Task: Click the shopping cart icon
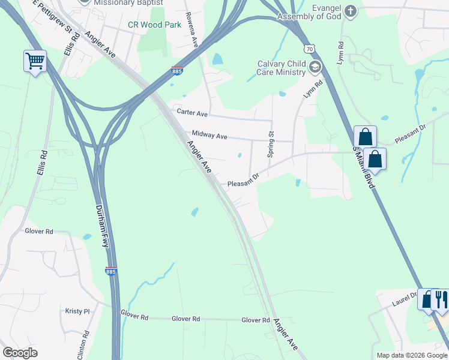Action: click(x=35, y=61)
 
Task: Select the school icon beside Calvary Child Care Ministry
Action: click(x=315, y=67)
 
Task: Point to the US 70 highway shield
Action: click(x=309, y=48)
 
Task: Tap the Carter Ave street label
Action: click(x=191, y=113)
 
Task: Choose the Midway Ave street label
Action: click(x=209, y=136)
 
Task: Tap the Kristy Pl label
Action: click(x=77, y=311)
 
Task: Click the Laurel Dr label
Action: click(x=405, y=297)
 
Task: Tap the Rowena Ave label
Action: click(x=192, y=30)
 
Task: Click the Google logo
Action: click(x=20, y=353)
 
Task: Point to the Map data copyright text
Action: click(x=411, y=355)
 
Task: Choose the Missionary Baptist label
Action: click(x=128, y=2)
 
